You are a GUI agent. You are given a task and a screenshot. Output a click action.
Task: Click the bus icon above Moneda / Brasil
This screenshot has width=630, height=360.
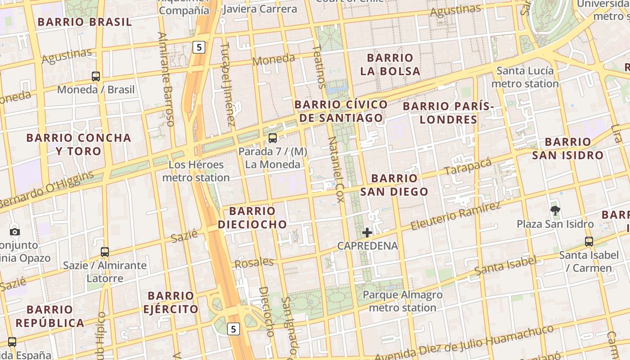point(96,76)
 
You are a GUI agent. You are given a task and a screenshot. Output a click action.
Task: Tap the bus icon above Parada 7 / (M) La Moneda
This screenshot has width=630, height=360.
point(273,138)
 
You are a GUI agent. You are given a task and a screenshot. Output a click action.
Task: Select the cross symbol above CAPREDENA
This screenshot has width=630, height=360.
point(367,233)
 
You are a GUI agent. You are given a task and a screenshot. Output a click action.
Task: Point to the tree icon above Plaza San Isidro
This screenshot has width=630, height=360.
point(555,210)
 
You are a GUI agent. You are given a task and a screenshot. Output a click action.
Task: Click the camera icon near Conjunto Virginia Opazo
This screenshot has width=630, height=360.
point(15,232)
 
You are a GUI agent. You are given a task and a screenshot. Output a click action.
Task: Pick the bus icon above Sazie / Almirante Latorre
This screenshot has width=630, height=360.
point(105,252)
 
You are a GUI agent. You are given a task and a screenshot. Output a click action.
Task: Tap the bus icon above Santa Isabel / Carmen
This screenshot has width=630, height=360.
point(589,242)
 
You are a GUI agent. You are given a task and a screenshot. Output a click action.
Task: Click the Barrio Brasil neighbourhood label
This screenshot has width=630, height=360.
point(85,22)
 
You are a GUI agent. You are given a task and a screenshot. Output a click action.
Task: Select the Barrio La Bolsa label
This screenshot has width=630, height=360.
point(390,64)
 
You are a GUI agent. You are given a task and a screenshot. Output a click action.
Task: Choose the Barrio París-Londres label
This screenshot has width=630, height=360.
point(448,113)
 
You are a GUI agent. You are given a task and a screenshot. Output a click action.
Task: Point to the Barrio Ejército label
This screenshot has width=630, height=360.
point(171,302)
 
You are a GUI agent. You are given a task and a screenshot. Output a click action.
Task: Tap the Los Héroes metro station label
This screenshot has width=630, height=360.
point(196,171)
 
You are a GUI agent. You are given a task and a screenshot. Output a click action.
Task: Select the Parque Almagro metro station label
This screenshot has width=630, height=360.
point(402,301)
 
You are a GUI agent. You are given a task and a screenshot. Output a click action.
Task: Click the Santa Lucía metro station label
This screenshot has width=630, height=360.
point(525,77)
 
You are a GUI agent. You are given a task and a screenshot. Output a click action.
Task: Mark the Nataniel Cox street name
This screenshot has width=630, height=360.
point(336,169)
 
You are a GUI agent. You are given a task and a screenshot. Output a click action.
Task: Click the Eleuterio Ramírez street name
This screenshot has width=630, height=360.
point(455,216)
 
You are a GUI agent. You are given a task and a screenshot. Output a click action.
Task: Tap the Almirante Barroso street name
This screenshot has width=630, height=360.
point(166,79)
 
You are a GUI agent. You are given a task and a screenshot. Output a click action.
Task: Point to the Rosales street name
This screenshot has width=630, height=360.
point(254,263)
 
